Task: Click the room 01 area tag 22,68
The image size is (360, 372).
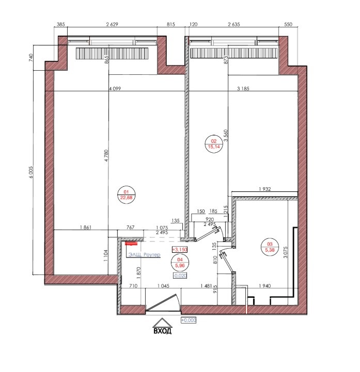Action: coord(127,195)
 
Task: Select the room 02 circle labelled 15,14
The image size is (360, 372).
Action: coord(214,144)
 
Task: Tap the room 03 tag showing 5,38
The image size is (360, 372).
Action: coord(270,247)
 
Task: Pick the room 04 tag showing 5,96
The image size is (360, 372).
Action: coord(180,263)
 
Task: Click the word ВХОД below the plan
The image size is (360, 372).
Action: coord(162,331)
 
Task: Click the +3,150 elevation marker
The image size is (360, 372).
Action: coord(180,250)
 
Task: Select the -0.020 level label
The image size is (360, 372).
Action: coord(180,276)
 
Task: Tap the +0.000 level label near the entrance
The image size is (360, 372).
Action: coord(189,320)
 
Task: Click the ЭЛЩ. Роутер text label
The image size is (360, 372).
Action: coord(144,254)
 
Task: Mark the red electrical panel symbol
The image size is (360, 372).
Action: coord(131,243)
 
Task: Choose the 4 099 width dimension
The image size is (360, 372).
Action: coord(115,89)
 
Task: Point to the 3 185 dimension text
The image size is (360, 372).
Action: coord(243,89)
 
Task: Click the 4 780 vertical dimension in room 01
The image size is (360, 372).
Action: coord(106,155)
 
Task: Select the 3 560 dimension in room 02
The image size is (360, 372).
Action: coord(226,135)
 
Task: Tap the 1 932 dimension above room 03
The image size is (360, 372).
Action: coord(264,189)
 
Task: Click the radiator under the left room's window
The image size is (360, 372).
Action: coord(112,53)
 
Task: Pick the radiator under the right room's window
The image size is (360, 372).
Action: coord(234,53)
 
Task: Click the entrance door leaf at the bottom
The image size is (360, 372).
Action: coord(162,302)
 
